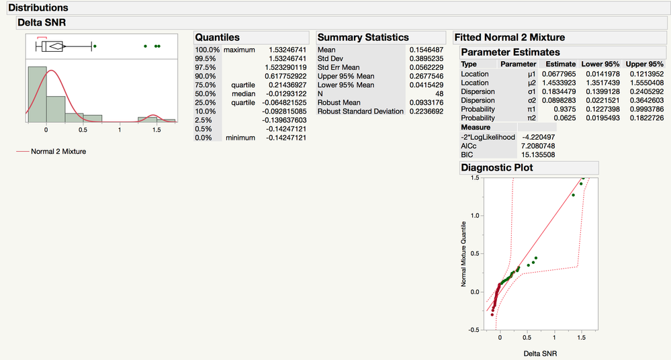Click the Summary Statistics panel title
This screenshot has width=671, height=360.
[x=363, y=38]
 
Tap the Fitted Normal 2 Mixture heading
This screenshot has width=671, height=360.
[x=510, y=38]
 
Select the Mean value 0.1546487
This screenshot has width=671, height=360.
[x=426, y=50]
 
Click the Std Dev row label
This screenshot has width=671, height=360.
[x=328, y=59]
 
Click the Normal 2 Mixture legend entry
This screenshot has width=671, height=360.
[x=58, y=152]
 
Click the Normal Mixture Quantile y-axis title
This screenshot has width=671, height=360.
[x=463, y=255]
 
